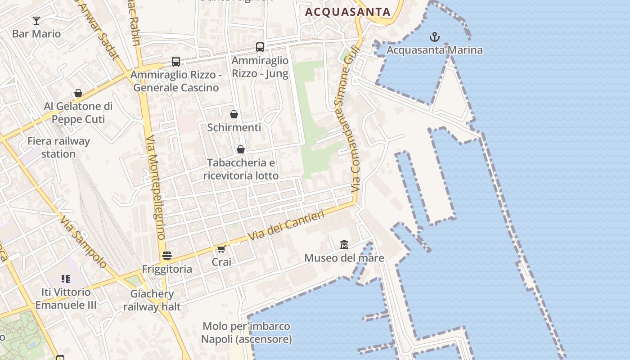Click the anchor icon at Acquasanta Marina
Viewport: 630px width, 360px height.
[x=435, y=37]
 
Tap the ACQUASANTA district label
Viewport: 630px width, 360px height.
[x=348, y=12]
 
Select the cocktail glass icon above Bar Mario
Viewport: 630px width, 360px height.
[x=36, y=20]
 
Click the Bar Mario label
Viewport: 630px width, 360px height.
[x=36, y=34]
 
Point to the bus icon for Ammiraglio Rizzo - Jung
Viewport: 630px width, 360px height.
[x=260, y=47]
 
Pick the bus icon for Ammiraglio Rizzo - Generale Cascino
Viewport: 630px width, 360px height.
[x=176, y=61]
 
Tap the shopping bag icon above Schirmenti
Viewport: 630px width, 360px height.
[x=234, y=114]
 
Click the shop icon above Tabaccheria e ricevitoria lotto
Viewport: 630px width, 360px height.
[x=241, y=149]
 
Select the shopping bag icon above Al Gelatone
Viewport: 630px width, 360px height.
[x=78, y=93]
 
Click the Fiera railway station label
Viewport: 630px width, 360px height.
[x=58, y=147]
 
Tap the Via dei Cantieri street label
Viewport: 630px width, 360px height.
[x=287, y=225]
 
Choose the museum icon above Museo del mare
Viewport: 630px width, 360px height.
[x=344, y=244]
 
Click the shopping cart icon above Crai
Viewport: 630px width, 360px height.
[x=221, y=249]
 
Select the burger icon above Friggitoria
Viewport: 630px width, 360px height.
[x=167, y=256]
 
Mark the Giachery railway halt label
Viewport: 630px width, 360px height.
[x=152, y=300]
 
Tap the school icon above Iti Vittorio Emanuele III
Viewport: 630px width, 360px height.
[x=66, y=279]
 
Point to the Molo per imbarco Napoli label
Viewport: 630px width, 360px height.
[x=246, y=333]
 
